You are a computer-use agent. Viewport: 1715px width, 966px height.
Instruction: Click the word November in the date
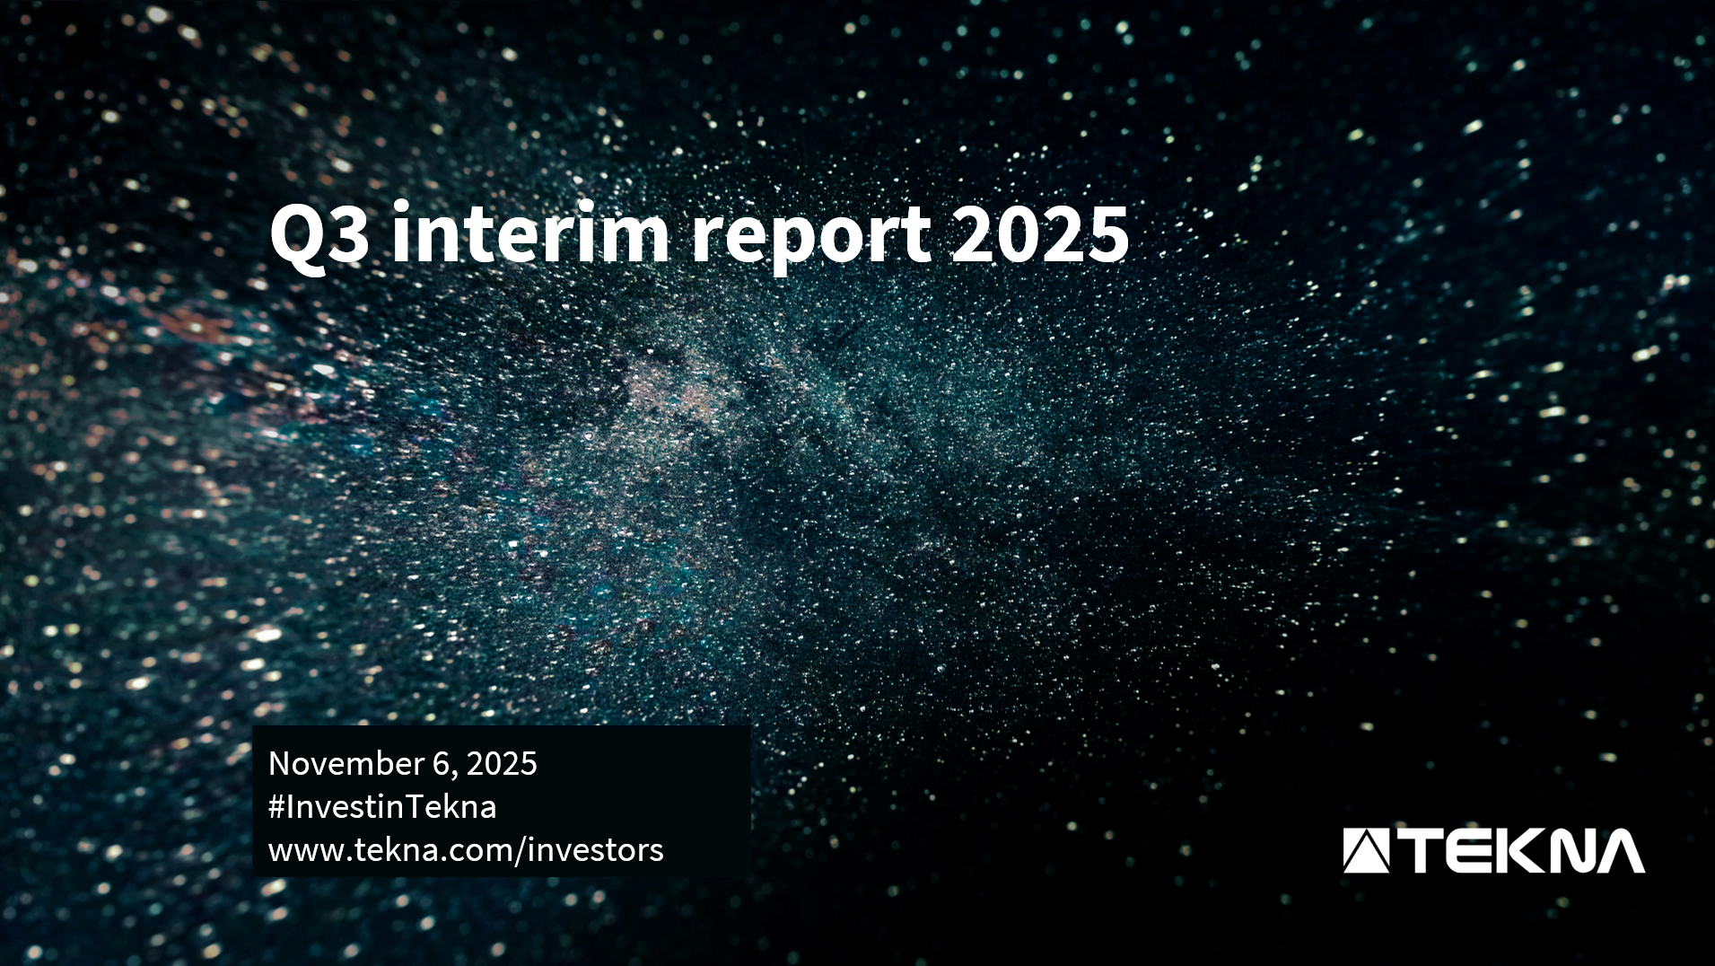[346, 764]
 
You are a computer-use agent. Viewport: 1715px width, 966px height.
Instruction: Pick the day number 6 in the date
[440, 764]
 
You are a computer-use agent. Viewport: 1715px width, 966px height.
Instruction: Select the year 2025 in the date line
[502, 764]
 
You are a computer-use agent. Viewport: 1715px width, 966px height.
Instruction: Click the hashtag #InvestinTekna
[382, 807]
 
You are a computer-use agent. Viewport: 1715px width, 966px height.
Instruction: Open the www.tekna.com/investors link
[466, 850]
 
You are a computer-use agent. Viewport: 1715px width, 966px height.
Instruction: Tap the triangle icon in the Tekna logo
[1365, 851]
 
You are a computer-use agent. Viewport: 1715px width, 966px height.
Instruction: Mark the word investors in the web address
[596, 850]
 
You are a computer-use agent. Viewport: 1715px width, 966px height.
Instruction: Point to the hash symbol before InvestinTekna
[276, 807]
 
